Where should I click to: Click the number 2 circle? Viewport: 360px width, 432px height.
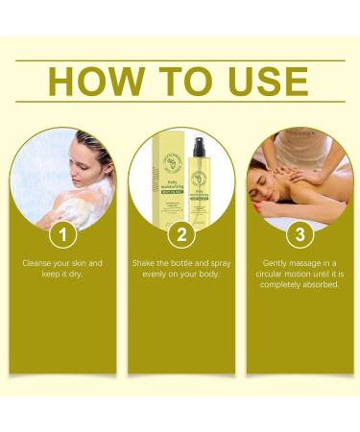pyautogui.click(x=180, y=233)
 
